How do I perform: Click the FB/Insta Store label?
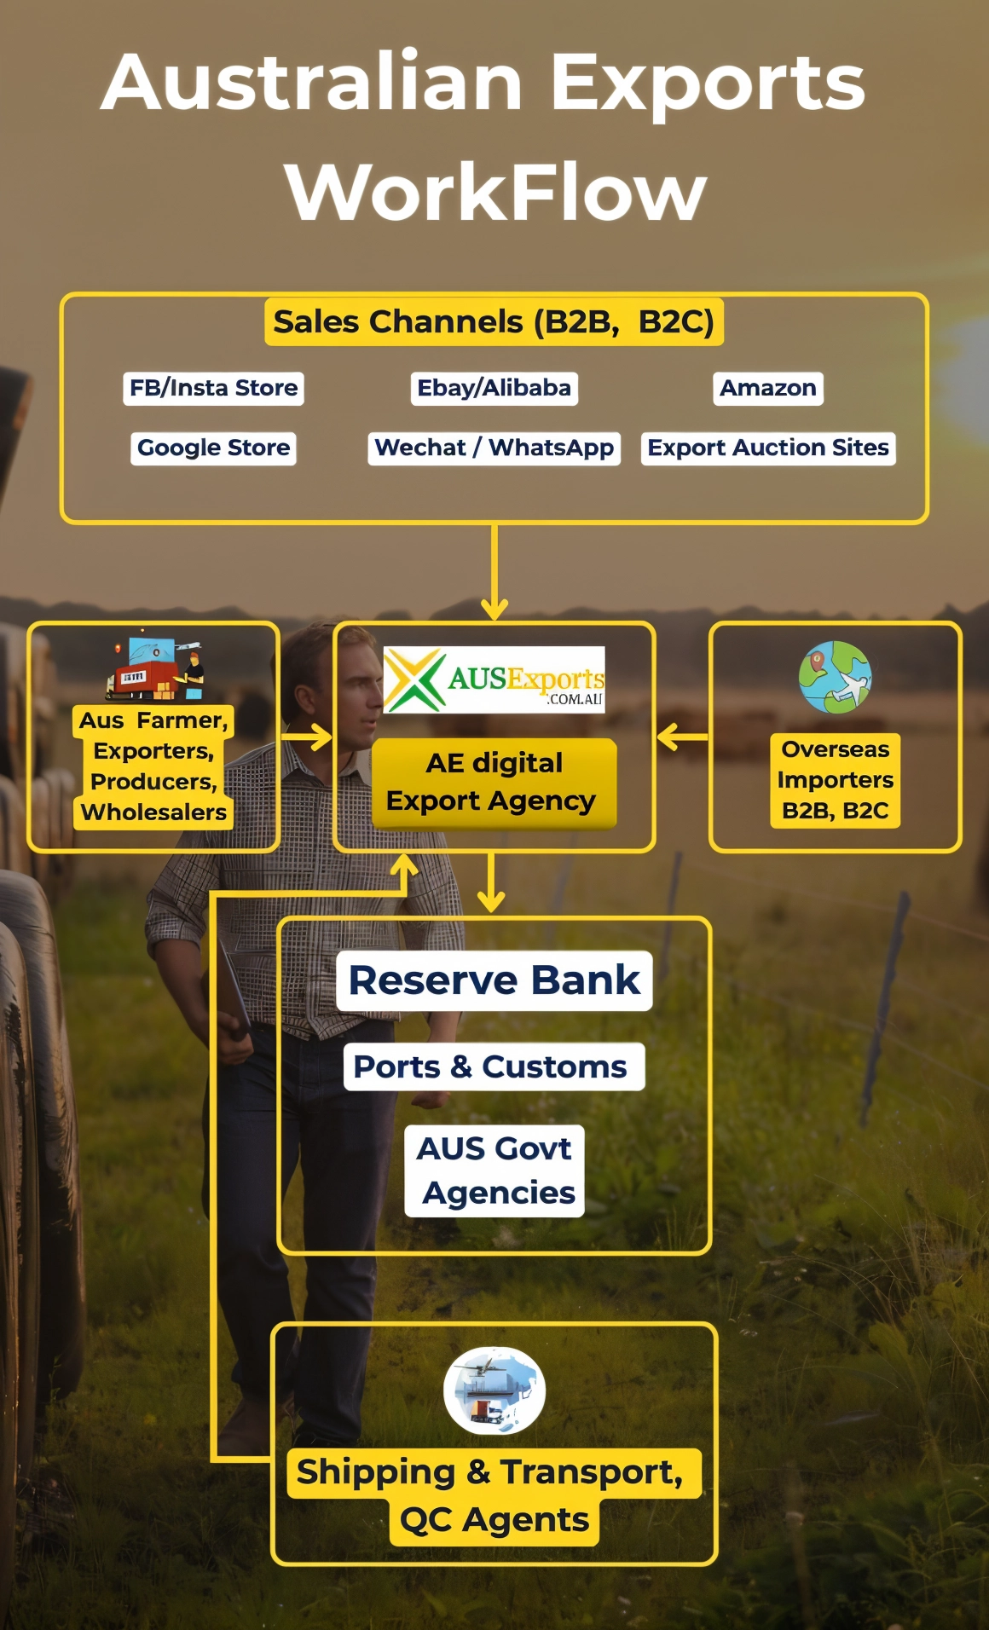pos(213,388)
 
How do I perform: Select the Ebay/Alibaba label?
pos(494,388)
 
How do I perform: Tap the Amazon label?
pos(768,388)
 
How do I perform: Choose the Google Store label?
pos(213,448)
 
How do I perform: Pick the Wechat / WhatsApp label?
pos(494,448)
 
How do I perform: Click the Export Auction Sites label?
pos(768,448)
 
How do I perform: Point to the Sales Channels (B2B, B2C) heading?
pos(494,322)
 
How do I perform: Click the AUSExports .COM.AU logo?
pos(494,679)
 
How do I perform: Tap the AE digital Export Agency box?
pos(494,783)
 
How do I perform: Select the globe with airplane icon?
pos(836,677)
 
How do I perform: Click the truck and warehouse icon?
pos(156,668)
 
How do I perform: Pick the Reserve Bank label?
pos(494,980)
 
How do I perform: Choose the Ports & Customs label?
pos(494,1066)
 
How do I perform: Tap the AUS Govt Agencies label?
pos(494,1170)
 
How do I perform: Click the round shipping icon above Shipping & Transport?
pos(494,1390)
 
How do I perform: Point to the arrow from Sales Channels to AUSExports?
pos(494,571)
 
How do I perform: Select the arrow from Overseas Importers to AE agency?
pos(682,737)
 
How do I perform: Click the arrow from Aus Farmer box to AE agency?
pos(307,737)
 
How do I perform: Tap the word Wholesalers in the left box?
pos(154,812)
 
